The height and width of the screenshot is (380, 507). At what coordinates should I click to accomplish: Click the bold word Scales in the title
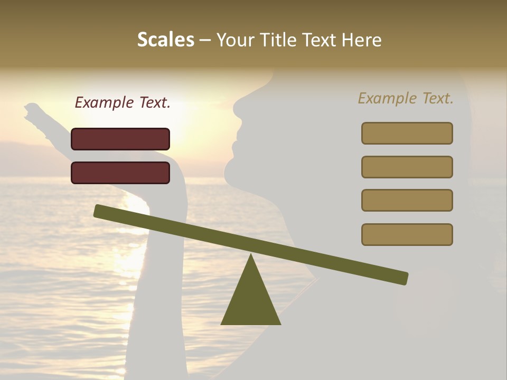[x=165, y=40]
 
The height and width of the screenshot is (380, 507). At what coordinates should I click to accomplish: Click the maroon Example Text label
[x=123, y=103]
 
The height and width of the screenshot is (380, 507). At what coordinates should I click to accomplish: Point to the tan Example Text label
[x=406, y=98]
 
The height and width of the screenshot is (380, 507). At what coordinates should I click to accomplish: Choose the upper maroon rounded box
[x=120, y=139]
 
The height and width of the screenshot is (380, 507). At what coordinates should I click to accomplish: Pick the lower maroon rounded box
[x=120, y=173]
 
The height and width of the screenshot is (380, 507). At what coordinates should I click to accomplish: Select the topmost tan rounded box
[x=407, y=133]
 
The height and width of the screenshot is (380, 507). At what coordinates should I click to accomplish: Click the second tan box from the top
[x=407, y=167]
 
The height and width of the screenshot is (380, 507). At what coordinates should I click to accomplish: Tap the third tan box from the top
[x=407, y=201]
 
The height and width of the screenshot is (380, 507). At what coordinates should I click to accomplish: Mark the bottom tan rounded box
[x=407, y=234]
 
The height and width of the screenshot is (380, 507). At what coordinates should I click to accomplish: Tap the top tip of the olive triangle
[x=251, y=255]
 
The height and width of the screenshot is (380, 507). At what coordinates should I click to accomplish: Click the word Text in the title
[x=318, y=40]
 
